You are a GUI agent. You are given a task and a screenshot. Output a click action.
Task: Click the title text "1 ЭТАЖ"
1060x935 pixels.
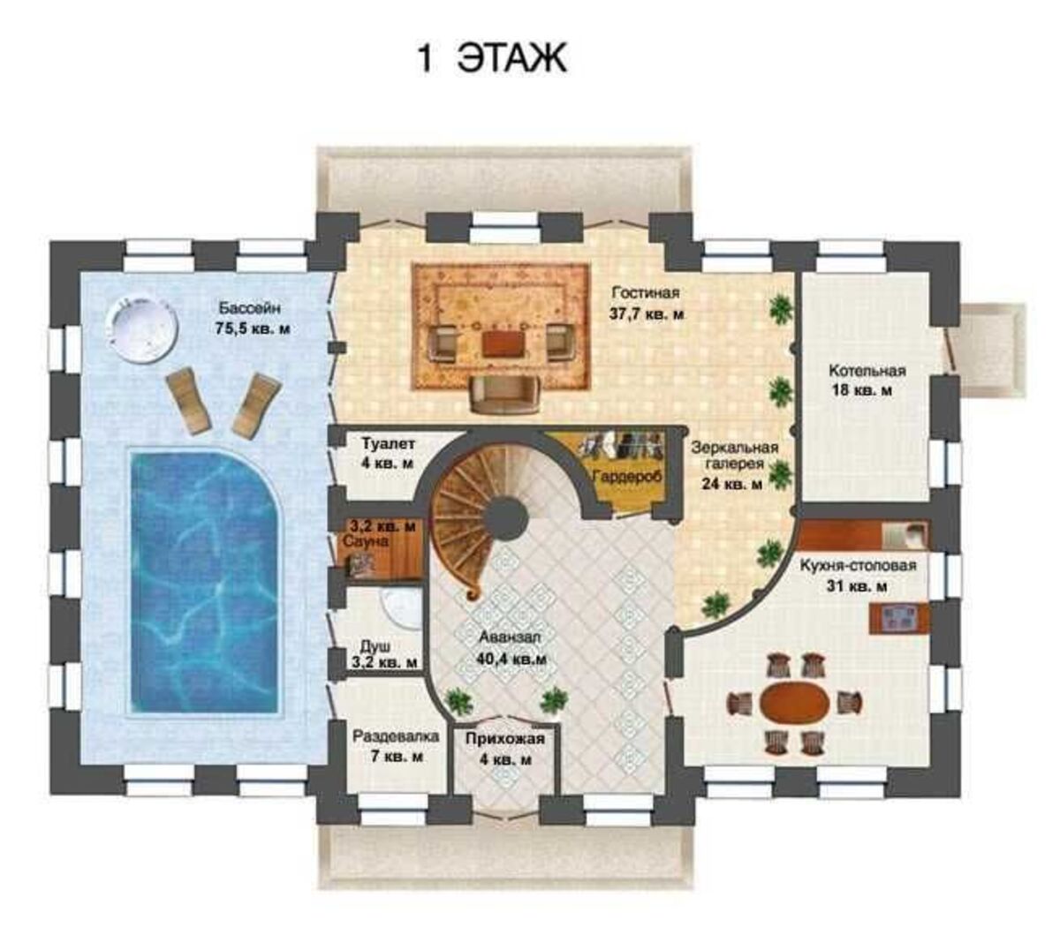click(x=492, y=58)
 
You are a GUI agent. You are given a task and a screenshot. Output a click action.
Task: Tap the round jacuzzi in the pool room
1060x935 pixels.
click(x=141, y=328)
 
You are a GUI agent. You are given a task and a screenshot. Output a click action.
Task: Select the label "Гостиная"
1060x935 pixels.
click(x=646, y=291)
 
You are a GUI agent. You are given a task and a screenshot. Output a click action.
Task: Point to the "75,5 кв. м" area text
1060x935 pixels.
click(x=253, y=329)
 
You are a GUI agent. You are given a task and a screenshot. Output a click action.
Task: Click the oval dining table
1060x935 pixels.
click(x=795, y=703)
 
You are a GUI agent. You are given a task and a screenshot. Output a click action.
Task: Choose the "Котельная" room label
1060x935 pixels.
click(x=867, y=370)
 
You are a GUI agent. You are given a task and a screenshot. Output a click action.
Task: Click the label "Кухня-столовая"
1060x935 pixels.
click(x=858, y=565)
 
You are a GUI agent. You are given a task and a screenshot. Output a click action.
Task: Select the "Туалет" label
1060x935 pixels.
click(x=388, y=443)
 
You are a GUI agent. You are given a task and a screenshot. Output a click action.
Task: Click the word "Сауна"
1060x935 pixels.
click(x=365, y=541)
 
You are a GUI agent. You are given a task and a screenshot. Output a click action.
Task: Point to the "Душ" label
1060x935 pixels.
click(x=375, y=647)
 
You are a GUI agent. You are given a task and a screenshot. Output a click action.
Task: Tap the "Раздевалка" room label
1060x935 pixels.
click(x=396, y=736)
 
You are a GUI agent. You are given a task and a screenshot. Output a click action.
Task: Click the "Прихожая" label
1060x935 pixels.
click(x=505, y=738)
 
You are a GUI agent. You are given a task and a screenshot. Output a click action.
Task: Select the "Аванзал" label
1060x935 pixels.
click(x=510, y=637)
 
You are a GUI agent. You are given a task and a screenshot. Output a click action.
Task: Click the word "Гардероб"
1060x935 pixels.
click(x=627, y=477)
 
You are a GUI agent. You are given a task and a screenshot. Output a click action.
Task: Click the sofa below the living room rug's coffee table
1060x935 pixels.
click(x=504, y=395)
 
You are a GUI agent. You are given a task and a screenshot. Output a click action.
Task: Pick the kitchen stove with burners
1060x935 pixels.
click(x=899, y=618)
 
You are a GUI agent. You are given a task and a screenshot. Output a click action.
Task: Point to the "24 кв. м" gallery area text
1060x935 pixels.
click(x=731, y=484)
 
